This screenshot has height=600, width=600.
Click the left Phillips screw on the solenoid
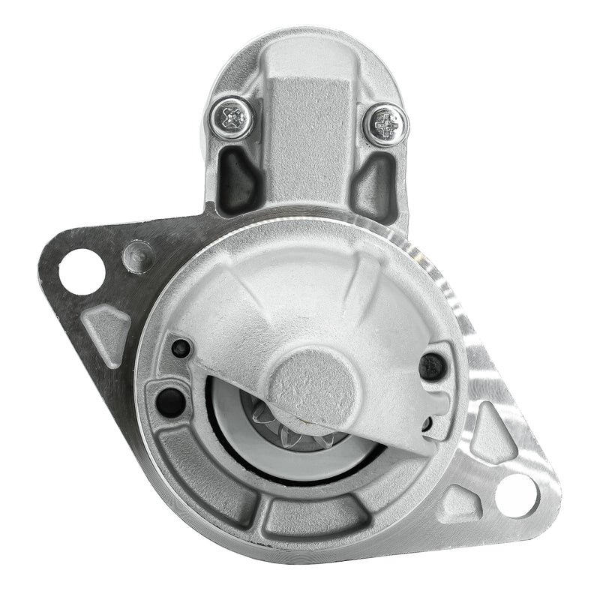232,118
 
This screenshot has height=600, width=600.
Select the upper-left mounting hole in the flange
81,271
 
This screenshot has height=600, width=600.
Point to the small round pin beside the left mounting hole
137,256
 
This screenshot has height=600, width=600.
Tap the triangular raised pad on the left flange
107,328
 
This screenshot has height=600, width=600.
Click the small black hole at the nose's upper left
181,348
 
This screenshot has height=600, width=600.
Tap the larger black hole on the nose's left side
170,403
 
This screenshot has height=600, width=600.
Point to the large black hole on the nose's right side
433,366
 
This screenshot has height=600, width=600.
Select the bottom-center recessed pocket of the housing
315,517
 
